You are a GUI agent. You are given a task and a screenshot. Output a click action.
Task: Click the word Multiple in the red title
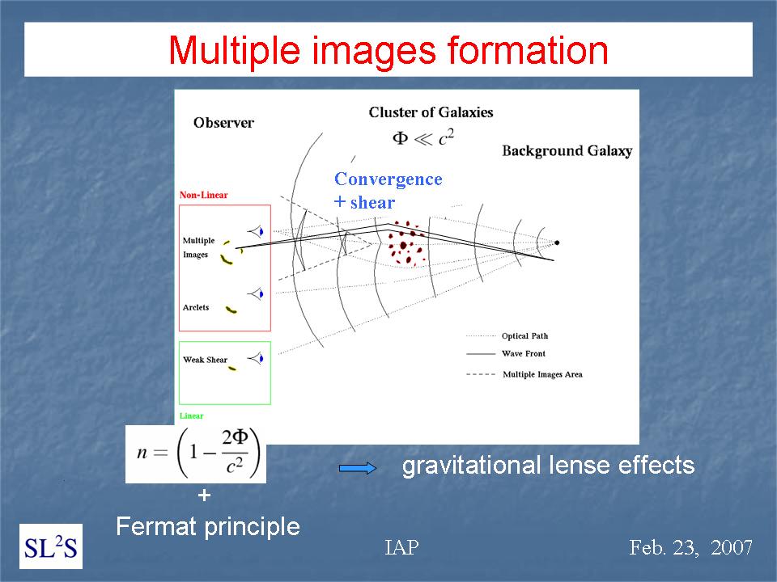pyautogui.click(x=234, y=50)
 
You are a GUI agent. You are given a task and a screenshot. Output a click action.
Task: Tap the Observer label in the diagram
pyautogui.click(x=223, y=123)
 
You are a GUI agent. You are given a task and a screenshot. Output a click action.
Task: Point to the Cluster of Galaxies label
pyautogui.click(x=431, y=112)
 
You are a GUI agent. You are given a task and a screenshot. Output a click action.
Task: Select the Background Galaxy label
pyautogui.click(x=567, y=151)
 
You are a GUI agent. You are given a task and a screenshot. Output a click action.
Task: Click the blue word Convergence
pyautogui.click(x=388, y=179)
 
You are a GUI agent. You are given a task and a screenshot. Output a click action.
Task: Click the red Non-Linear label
pyautogui.click(x=204, y=195)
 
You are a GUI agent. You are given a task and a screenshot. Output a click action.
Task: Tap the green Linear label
pyautogui.click(x=191, y=415)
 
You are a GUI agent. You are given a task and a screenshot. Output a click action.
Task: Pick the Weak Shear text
pyautogui.click(x=205, y=360)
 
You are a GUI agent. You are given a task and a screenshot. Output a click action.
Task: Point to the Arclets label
pyautogui.click(x=196, y=307)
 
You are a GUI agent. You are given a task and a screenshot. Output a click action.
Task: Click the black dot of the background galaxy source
pyautogui.click(x=557, y=242)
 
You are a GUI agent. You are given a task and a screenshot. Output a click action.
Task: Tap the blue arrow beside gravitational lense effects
pyautogui.click(x=357, y=468)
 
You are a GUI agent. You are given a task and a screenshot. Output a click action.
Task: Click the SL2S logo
pyautogui.click(x=51, y=546)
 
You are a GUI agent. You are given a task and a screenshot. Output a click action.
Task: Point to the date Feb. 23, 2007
pyautogui.click(x=690, y=547)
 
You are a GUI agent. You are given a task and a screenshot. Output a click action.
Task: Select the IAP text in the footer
pyautogui.click(x=401, y=547)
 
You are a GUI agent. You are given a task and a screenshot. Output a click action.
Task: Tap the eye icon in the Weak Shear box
pyautogui.click(x=256, y=358)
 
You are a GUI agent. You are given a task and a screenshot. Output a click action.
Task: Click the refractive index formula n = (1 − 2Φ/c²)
pyautogui.click(x=196, y=453)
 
